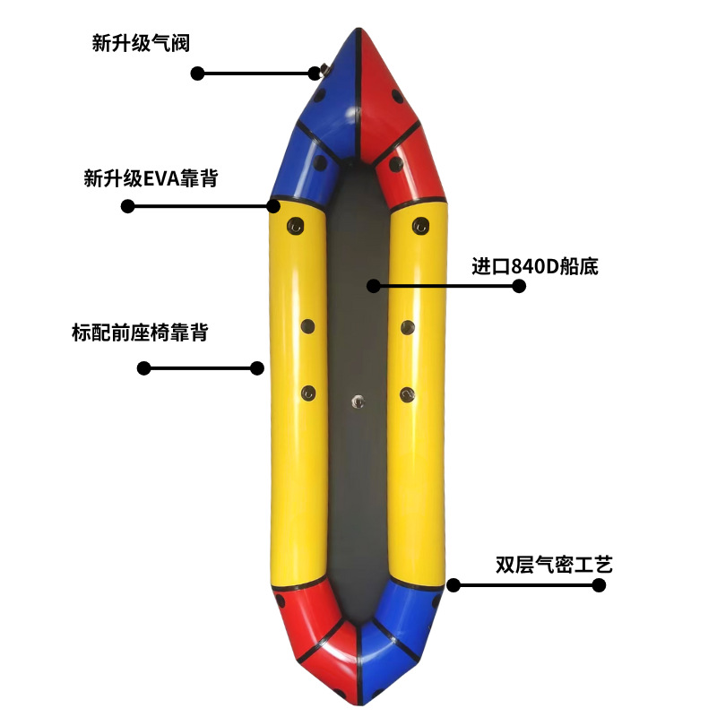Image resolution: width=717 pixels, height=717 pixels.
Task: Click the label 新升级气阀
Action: pos(141,43)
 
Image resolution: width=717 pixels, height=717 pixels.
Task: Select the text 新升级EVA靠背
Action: pos(151,178)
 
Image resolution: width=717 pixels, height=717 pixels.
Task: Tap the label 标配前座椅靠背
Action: pos(140,333)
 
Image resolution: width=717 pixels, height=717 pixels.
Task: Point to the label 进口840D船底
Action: pos(535,266)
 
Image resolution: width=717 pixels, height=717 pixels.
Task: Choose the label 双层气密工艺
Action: pos(553,565)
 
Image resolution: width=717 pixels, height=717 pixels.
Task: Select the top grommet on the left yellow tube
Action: pos(290,224)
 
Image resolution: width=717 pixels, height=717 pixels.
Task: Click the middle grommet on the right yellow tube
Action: pos(408,326)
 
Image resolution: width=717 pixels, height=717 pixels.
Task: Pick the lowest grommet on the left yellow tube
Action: pos(309,392)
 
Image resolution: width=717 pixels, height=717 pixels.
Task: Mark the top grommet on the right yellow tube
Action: pos(419,224)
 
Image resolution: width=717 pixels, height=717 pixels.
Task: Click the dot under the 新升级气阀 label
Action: pos(198,73)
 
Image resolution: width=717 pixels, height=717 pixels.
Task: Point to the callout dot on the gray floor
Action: pos(374,286)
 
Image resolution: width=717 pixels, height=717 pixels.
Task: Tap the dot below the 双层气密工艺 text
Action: pos(599,585)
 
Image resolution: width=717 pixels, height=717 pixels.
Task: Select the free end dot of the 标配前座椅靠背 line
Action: pos(143,367)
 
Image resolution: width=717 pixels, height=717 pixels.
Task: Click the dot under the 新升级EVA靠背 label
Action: pos(128,206)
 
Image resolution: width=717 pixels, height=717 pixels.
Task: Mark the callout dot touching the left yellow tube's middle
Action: pos(257,367)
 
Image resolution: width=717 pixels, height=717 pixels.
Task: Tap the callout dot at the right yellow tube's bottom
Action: pos(454,585)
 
